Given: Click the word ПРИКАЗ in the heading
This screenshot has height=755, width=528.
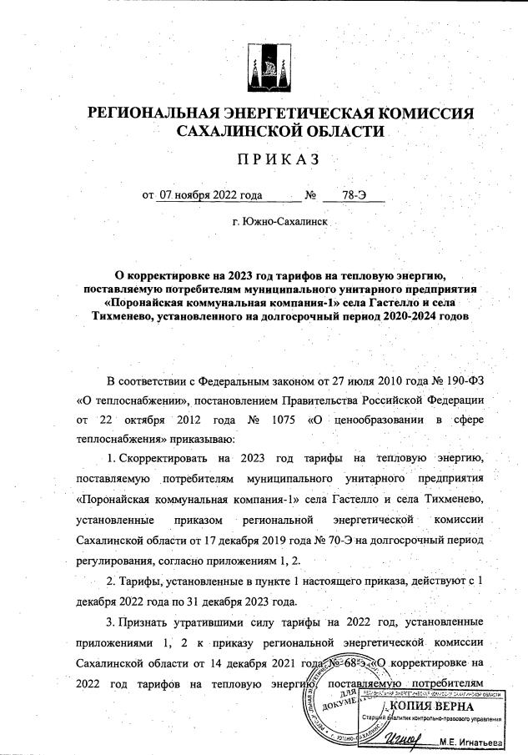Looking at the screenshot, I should click(264, 159).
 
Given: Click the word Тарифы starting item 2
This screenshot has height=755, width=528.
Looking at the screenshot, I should click(147, 581).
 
